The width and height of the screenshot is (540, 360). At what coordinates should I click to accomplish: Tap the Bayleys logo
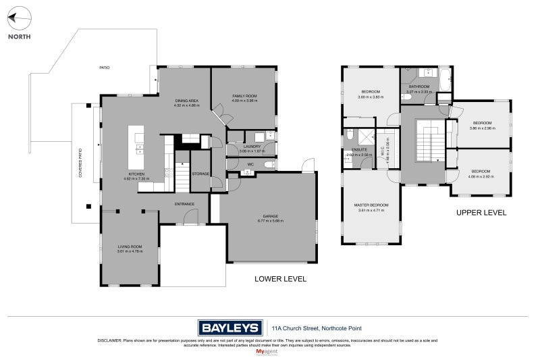[230, 328]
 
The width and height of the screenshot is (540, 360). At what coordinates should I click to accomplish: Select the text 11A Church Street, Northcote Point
[306, 328]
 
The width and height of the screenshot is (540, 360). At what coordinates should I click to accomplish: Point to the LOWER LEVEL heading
[280, 278]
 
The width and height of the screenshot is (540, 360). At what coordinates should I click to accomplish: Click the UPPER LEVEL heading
[481, 212]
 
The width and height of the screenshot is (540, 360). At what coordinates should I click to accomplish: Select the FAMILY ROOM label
[244, 97]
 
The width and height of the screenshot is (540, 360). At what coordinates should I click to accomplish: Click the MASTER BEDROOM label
[371, 205]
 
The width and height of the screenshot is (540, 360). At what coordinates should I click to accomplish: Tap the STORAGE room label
[201, 173]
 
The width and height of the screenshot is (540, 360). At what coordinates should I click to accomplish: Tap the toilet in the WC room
[268, 164]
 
